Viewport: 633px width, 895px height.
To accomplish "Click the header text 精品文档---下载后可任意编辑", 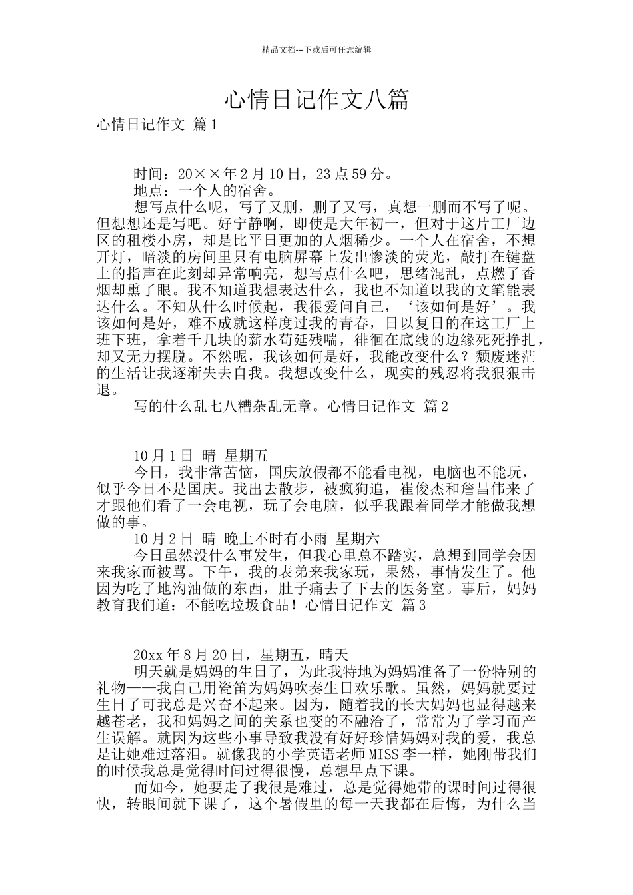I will point(316,49).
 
